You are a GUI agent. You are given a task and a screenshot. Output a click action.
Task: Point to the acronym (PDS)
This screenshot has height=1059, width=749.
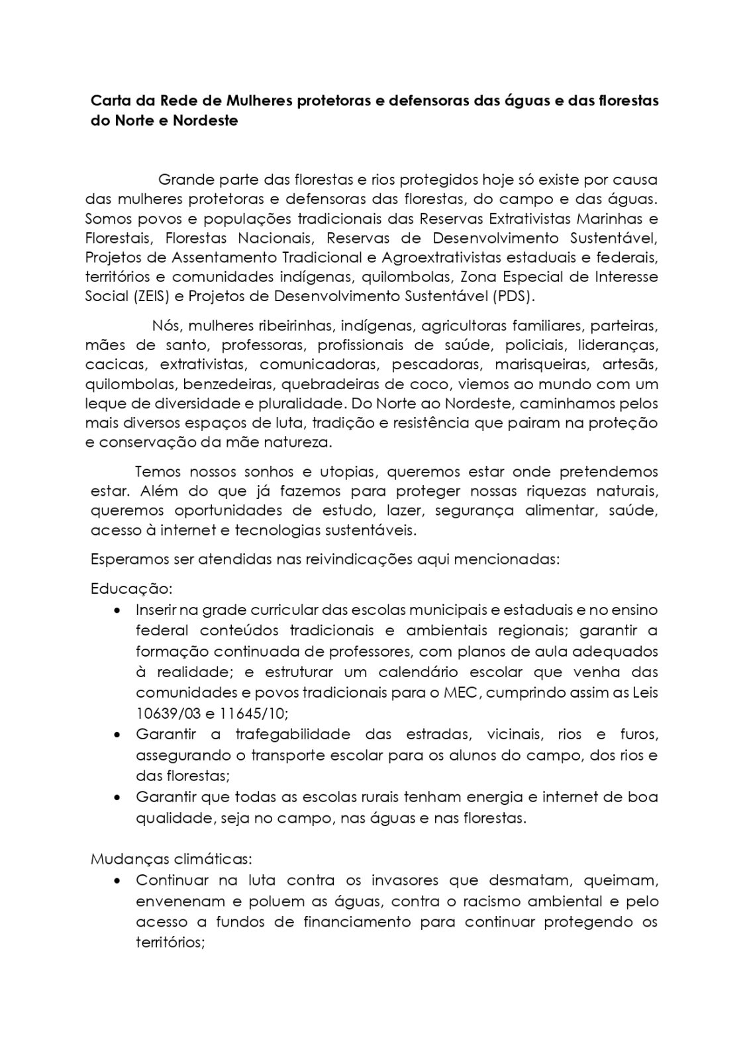point(513,297)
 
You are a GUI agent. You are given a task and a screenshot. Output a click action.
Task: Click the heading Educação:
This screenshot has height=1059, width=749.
point(131,588)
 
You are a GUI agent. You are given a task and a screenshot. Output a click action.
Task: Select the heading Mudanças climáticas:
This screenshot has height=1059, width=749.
point(171,860)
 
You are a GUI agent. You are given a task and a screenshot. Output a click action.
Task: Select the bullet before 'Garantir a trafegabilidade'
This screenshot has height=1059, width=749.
point(117,735)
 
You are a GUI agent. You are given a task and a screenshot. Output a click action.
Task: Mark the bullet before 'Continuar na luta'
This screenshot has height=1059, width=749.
point(117,881)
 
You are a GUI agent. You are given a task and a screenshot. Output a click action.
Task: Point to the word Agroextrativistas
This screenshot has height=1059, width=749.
point(440,257)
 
